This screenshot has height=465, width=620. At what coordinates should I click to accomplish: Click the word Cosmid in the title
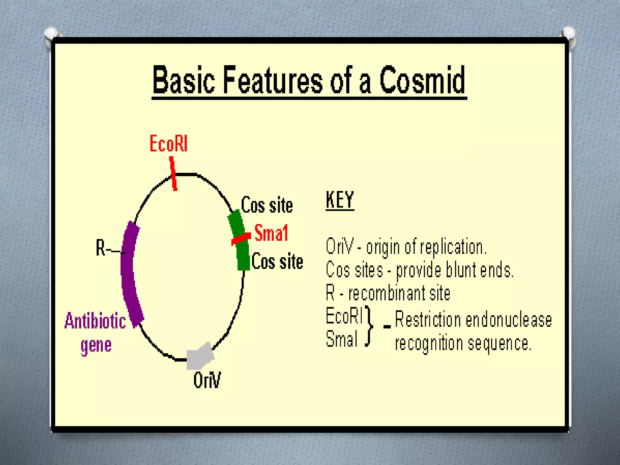click(422, 80)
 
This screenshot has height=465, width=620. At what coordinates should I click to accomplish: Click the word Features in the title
click(272, 80)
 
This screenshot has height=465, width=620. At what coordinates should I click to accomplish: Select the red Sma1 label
click(271, 233)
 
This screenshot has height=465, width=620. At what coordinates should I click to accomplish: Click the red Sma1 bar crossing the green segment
click(241, 239)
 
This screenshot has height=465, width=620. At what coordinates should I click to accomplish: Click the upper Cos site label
click(267, 205)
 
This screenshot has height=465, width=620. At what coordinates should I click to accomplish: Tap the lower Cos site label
click(277, 262)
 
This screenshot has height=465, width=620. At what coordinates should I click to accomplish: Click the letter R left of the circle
click(100, 248)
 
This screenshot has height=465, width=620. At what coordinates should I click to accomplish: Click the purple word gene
click(96, 345)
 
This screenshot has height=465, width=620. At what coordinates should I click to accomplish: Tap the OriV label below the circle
click(207, 380)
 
